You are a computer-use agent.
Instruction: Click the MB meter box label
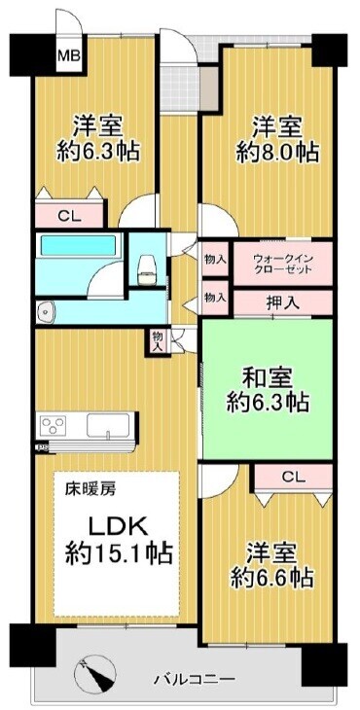click(69, 56)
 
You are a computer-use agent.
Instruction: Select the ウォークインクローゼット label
click(282, 264)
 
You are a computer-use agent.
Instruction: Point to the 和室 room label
click(268, 377)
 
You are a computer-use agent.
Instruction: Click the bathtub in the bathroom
click(78, 245)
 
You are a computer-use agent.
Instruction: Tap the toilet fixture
click(146, 269)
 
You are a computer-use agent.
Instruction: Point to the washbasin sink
click(46, 310)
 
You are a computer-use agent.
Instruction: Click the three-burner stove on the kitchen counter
click(54, 426)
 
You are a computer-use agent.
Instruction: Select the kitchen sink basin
click(108, 426)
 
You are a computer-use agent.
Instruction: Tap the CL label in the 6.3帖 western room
click(69, 216)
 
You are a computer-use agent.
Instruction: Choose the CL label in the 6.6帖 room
click(294, 477)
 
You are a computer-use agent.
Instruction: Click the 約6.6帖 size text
click(271, 577)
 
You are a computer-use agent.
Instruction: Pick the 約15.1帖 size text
click(119, 552)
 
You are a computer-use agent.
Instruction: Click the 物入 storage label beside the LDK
click(157, 341)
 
